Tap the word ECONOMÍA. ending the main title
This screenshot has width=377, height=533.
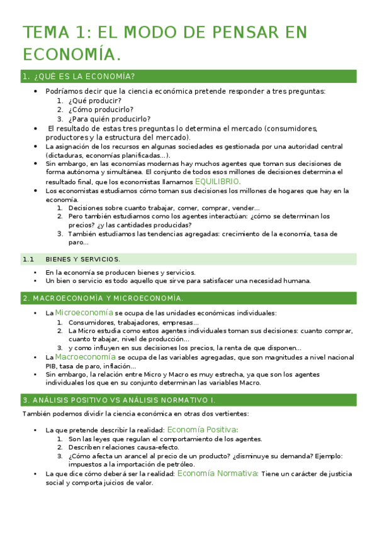click(72, 55)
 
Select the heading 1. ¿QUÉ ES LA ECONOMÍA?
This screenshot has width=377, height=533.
click(78, 77)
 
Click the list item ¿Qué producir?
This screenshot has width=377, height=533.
click(95, 101)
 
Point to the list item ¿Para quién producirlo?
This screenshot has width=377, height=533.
click(110, 118)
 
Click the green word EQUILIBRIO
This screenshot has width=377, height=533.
click(217, 181)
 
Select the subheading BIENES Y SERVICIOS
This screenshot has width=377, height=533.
click(82, 259)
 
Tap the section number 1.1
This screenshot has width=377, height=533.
click(28, 259)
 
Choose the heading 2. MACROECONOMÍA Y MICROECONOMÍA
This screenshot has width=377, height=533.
click(103, 297)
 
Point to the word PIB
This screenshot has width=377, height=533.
click(52, 366)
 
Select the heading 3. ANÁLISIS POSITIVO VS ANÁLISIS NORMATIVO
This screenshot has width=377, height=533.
click(118, 399)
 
